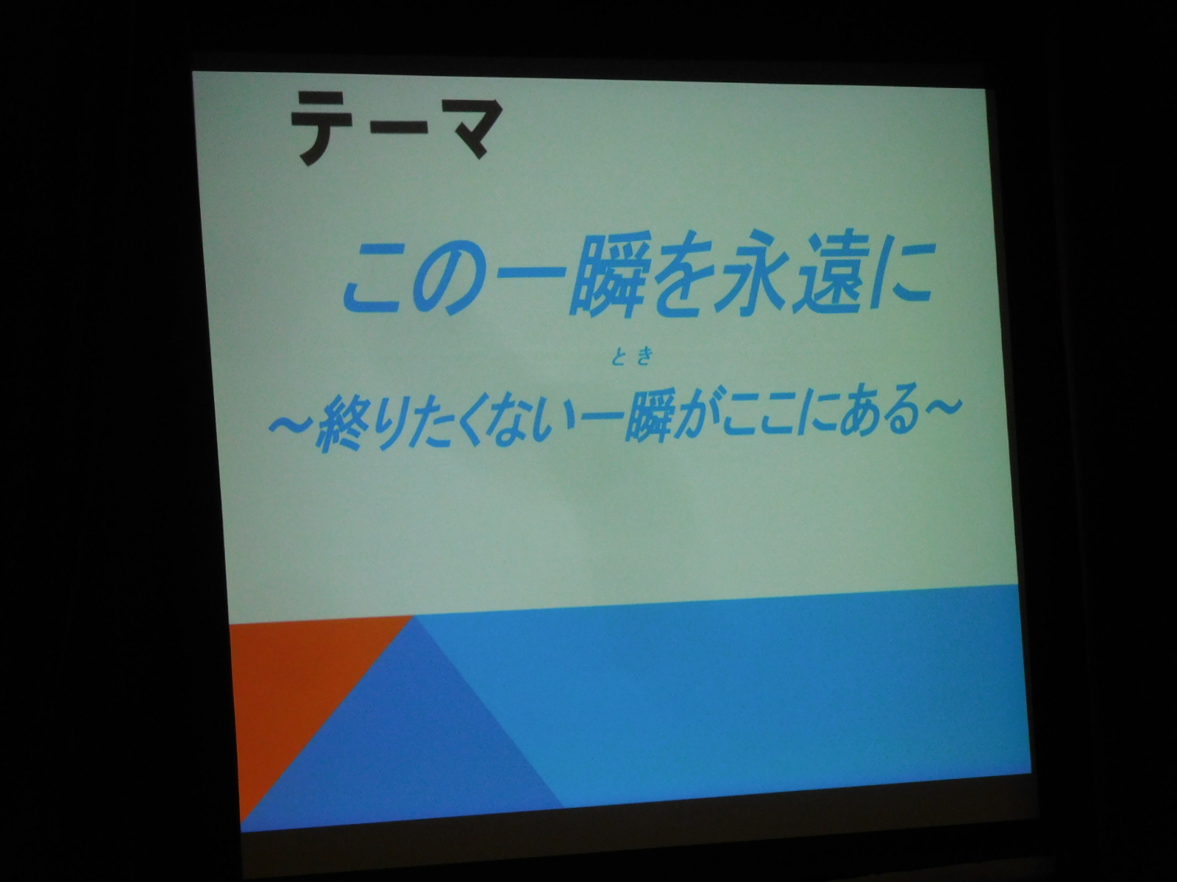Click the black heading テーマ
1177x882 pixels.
tap(396, 126)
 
